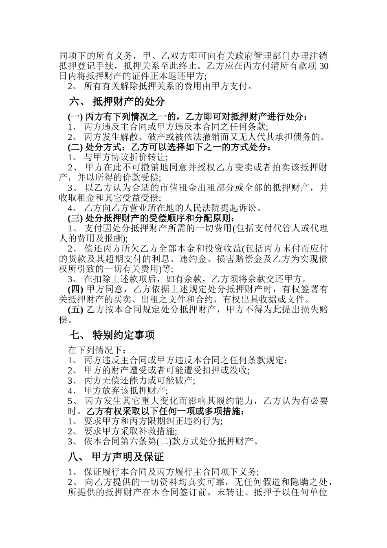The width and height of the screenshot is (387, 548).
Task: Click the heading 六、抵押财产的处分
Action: click(x=117, y=101)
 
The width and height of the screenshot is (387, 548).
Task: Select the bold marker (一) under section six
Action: click(x=75, y=117)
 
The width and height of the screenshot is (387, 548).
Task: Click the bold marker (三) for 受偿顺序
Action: click(x=75, y=218)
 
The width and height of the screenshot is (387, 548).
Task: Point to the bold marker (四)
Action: click(x=75, y=289)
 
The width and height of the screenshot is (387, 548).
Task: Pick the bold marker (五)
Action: click(x=75, y=309)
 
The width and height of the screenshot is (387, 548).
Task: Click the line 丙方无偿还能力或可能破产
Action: click(x=139, y=380)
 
